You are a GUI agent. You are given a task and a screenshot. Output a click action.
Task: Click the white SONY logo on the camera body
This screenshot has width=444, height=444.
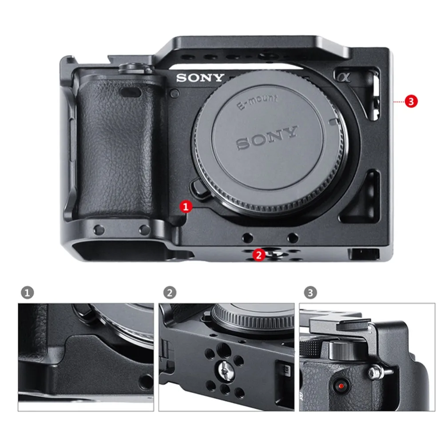click(200, 78)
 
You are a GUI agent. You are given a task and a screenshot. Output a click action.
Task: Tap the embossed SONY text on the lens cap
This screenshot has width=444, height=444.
click(267, 138)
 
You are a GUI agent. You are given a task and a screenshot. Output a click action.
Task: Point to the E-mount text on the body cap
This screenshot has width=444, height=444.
click(257, 101)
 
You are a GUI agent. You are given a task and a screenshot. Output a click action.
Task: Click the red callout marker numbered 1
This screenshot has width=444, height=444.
click(186, 206)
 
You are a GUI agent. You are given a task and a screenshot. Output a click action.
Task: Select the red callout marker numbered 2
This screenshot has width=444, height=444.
click(258, 255)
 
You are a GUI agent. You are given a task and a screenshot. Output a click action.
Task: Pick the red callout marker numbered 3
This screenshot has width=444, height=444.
click(411, 101)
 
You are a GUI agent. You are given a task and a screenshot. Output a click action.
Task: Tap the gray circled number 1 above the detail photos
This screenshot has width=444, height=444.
click(28, 293)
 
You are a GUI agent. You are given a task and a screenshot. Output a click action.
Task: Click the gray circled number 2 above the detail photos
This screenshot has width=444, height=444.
click(170, 293)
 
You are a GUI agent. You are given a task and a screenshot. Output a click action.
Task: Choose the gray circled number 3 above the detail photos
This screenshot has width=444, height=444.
click(310, 293)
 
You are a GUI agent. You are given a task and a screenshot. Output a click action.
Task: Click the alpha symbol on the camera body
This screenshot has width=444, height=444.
click(344, 77)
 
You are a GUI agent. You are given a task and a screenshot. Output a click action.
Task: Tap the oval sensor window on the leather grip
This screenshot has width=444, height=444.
click(130, 92)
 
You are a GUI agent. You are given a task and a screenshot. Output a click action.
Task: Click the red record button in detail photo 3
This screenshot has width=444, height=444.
click(341, 386)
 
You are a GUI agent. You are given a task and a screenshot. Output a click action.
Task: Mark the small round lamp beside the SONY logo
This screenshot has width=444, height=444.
click(175, 93)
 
